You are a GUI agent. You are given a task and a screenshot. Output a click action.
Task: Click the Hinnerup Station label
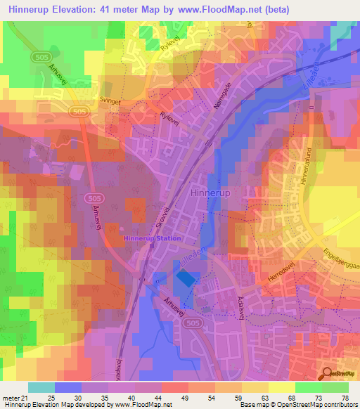tap(153, 238)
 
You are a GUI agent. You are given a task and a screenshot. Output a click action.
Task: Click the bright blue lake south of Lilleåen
tap(186, 278)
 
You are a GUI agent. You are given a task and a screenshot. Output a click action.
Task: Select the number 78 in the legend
tap(345, 397)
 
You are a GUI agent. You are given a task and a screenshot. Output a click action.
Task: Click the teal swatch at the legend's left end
tap(41, 387)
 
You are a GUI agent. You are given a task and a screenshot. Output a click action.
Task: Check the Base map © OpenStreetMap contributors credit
tap(298, 405)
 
